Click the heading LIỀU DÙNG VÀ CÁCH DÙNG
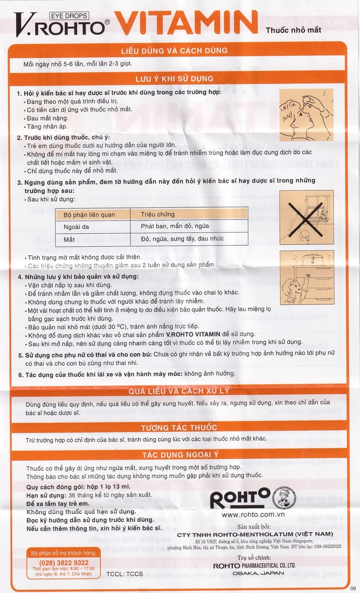point(174,51)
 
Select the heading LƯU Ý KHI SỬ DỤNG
point(174,79)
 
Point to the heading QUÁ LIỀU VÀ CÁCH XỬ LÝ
point(179,391)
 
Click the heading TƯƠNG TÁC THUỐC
point(179,428)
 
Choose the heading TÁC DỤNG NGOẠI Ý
point(179,455)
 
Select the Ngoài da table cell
point(76,227)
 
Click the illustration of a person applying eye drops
point(307,114)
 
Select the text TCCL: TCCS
point(125,574)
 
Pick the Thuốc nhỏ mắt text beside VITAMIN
point(286,30)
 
